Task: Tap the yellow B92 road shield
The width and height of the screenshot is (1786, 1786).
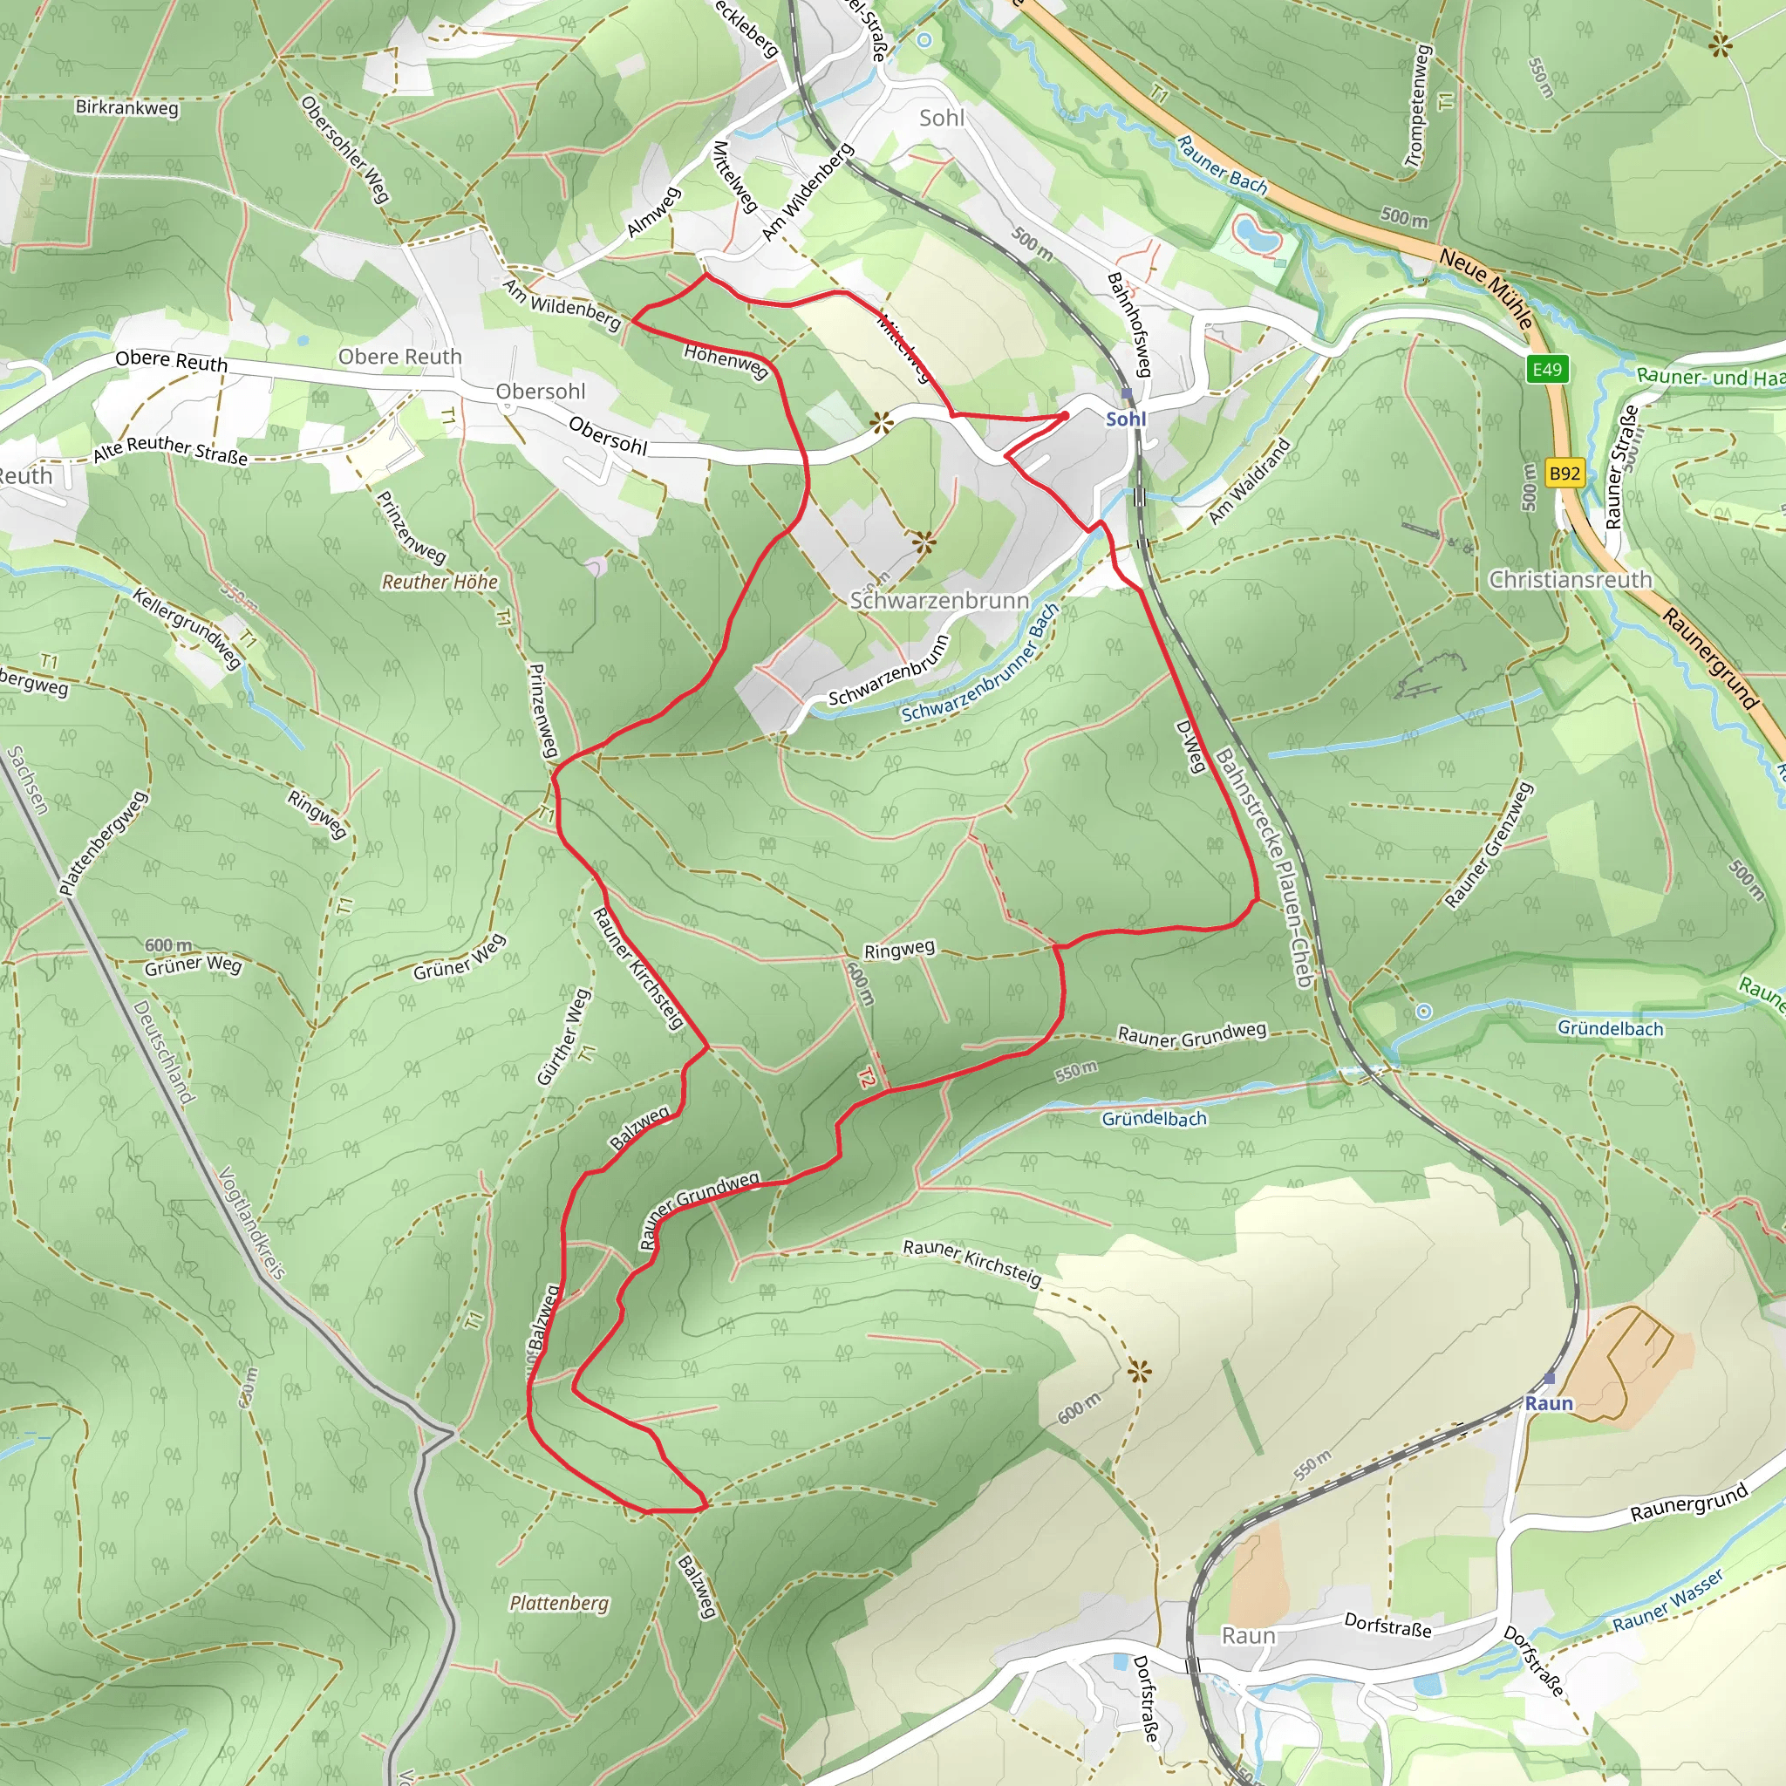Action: [x=1564, y=474]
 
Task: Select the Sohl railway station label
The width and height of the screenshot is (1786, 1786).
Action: [x=1126, y=419]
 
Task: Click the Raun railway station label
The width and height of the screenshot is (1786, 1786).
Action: [x=1549, y=1403]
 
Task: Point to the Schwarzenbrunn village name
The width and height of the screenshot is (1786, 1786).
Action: [x=939, y=600]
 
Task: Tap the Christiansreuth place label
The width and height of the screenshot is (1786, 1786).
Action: [x=1570, y=580]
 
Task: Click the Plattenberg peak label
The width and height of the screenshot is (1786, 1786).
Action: [x=559, y=1603]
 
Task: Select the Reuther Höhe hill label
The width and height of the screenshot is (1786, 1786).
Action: [x=440, y=582]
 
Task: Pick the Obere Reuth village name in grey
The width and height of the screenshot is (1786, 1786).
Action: [x=399, y=357]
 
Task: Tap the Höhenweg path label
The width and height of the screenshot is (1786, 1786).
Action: [x=726, y=361]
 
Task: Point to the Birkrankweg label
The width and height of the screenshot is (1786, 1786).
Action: [x=126, y=107]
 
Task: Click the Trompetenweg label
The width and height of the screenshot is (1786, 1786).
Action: [x=1417, y=106]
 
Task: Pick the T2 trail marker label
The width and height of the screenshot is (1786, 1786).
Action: [x=866, y=1078]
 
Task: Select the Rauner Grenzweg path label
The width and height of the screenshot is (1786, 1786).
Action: [x=1489, y=845]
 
